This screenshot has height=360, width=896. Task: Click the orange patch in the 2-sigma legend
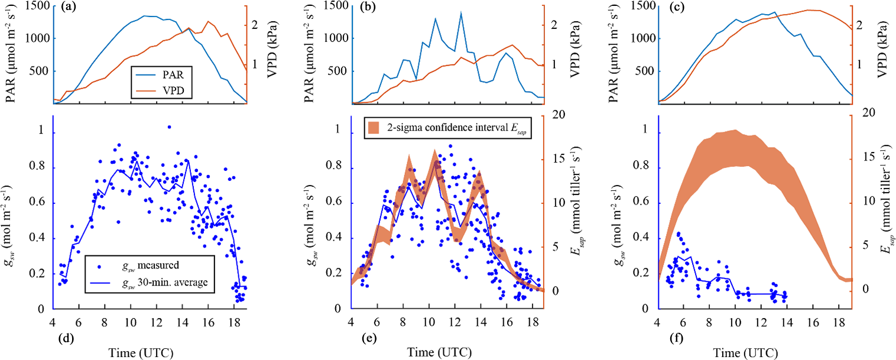[373, 127]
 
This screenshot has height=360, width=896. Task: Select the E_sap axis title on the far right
[885, 201]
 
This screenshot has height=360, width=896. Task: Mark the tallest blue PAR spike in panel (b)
[460, 13]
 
